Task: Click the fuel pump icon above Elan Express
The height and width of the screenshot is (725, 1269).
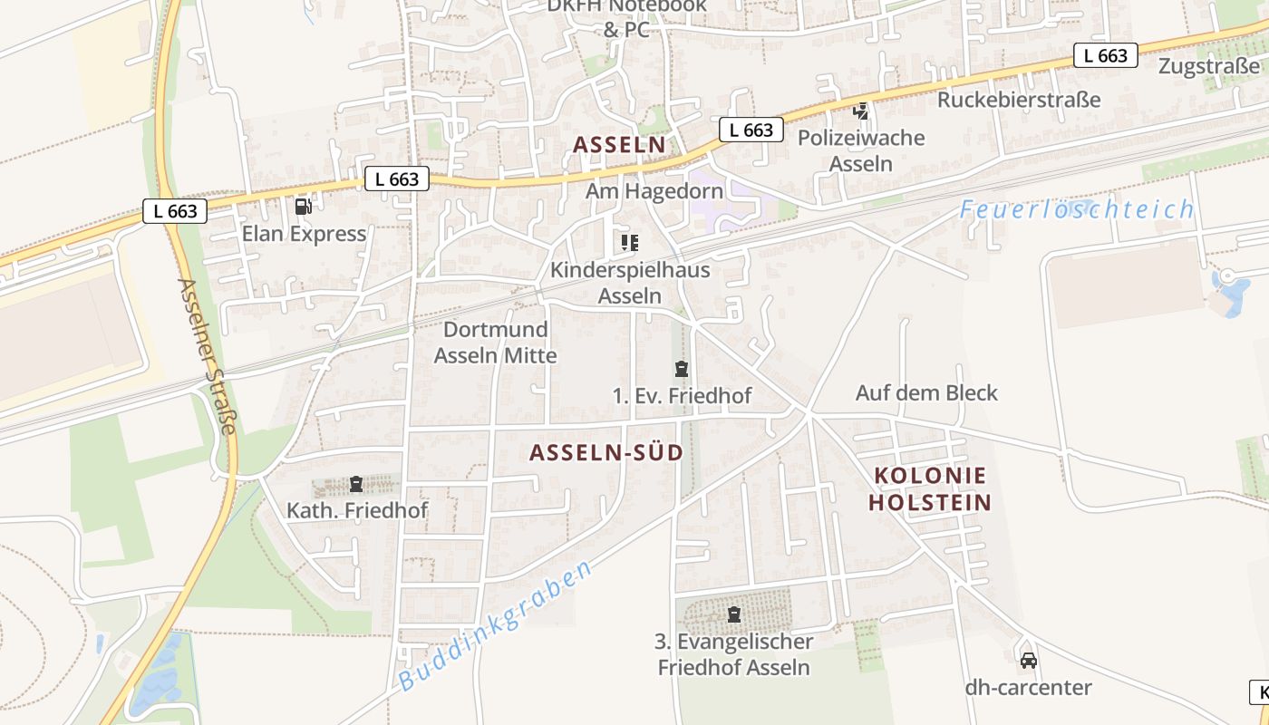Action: [x=303, y=207]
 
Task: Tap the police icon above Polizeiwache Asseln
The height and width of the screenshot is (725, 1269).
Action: [x=860, y=111]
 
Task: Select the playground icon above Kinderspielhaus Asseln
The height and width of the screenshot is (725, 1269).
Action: [x=629, y=242]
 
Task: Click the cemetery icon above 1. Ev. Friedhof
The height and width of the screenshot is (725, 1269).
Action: [x=681, y=369]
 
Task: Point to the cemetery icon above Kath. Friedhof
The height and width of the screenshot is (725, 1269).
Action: [x=356, y=484]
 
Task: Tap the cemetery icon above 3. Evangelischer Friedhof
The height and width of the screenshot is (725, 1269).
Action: [x=733, y=614]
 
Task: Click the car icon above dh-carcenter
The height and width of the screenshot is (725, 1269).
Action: [x=1028, y=660]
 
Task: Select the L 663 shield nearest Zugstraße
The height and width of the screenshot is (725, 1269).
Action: [x=1106, y=55]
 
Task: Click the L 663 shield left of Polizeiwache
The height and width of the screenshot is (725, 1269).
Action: [x=751, y=130]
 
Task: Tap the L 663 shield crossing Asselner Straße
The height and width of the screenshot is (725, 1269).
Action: [x=175, y=211]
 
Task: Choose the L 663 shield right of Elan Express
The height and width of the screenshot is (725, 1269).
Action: [x=397, y=179]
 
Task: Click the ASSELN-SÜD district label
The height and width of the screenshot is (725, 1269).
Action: [x=605, y=453]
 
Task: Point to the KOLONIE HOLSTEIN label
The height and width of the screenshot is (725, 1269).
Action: [x=930, y=488]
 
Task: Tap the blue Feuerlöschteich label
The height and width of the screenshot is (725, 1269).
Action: [x=1077, y=209]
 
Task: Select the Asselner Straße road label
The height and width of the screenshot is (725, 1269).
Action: [x=207, y=355]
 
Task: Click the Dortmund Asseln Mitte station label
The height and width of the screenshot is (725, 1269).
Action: [x=495, y=343]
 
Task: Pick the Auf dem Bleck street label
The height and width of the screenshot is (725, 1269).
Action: [x=926, y=392]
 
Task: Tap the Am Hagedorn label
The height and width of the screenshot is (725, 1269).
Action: [x=654, y=191]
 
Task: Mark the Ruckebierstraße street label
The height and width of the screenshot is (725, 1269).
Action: [x=1019, y=100]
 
